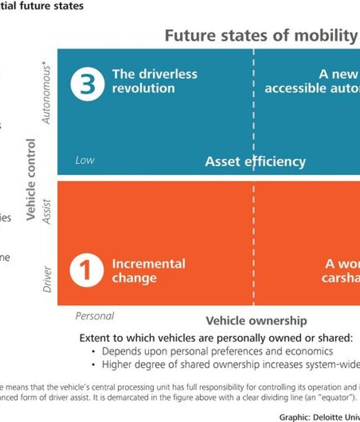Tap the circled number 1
point(86,271)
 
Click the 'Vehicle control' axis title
point(31,179)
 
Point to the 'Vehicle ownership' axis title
point(256,321)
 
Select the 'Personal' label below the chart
point(94,316)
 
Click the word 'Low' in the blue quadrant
point(84,160)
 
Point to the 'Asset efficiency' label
point(255,161)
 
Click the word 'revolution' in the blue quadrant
point(143,88)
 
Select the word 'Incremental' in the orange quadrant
point(148,264)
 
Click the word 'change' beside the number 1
point(134,278)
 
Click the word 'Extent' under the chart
point(94,338)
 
